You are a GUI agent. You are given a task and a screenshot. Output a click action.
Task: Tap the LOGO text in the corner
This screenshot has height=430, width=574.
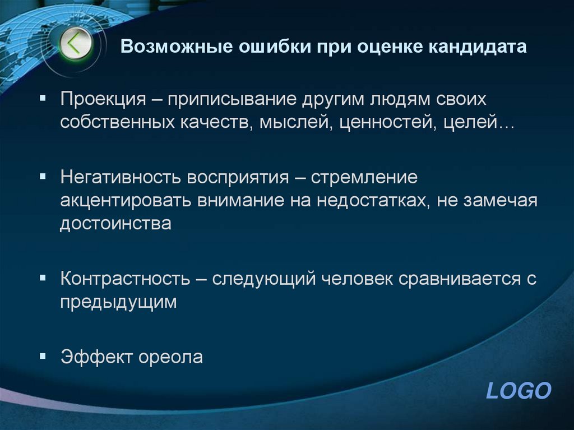pos(519,390)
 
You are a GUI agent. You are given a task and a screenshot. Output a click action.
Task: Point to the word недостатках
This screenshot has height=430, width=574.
pos(370,201)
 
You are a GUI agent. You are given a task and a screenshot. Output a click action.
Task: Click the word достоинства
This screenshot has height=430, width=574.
pos(115,223)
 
